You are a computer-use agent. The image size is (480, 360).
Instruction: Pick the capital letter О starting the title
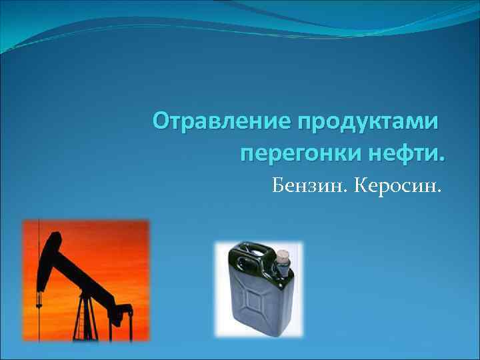[x=161, y=122]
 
